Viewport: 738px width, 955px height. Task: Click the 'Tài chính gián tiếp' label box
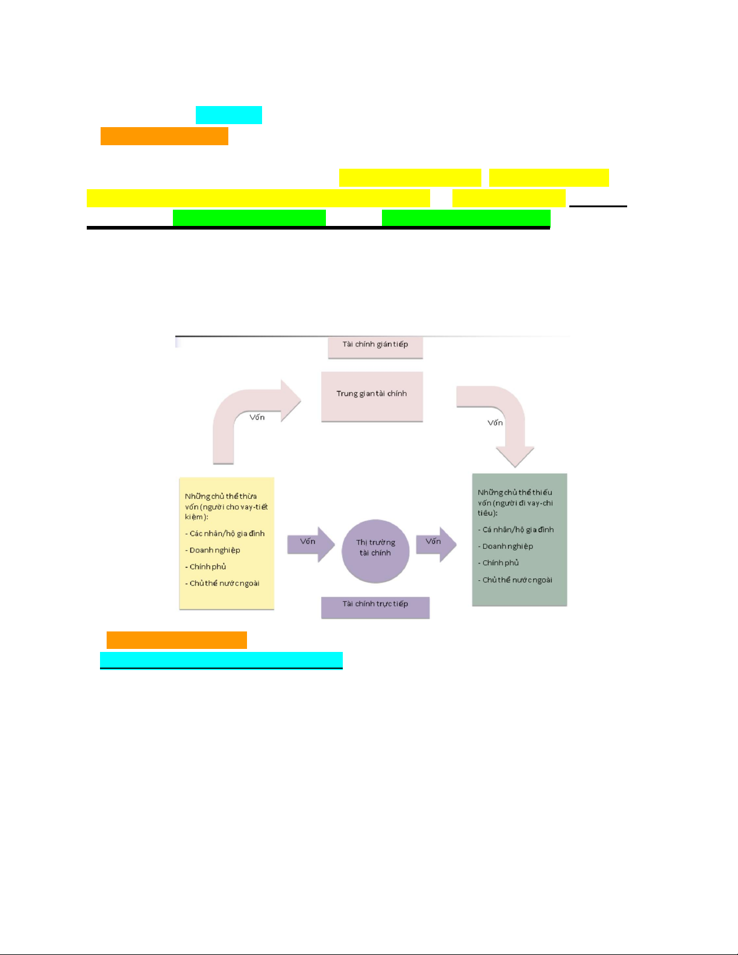pyautogui.click(x=375, y=347)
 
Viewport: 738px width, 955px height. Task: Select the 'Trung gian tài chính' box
pyautogui.click(x=372, y=396)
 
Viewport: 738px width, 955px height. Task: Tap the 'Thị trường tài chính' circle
pyautogui.click(x=375, y=551)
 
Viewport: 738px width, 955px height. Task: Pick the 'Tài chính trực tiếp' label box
pyautogui.click(x=375, y=607)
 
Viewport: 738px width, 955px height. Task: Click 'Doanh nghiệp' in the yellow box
pyautogui.click(x=215, y=550)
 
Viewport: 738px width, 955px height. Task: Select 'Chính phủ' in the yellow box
pyautogui.click(x=208, y=566)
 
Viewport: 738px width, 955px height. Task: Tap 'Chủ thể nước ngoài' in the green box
pyautogui.click(x=518, y=580)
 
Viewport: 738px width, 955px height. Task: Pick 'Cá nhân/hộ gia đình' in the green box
pyautogui.click(x=518, y=530)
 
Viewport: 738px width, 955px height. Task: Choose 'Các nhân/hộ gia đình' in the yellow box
pyautogui.click(x=227, y=533)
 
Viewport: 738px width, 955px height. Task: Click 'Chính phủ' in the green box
pyautogui.click(x=501, y=563)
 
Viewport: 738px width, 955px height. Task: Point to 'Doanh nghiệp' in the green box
pyautogui.click(x=508, y=546)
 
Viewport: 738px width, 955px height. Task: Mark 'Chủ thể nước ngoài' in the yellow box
pyautogui.click(x=225, y=583)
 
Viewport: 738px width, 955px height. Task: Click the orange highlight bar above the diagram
pyautogui.click(x=164, y=136)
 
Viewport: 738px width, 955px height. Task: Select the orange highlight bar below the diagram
pyautogui.click(x=177, y=640)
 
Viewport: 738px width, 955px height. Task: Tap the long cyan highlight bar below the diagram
pyautogui.click(x=221, y=660)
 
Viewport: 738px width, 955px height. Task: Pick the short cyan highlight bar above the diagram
pyautogui.click(x=229, y=115)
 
